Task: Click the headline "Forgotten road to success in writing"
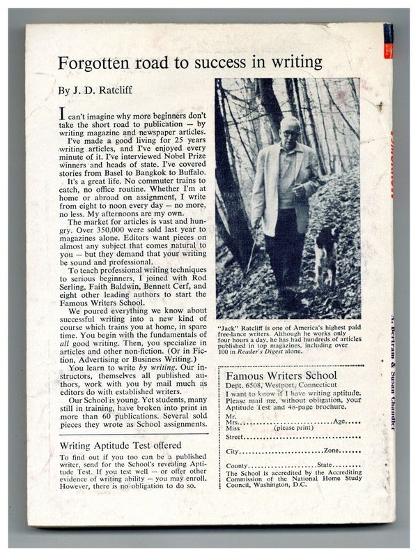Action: [189, 63]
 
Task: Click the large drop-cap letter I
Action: [63, 114]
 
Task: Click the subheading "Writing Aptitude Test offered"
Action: [121, 445]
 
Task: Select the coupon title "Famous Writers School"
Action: [282, 376]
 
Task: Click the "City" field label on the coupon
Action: [233, 451]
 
